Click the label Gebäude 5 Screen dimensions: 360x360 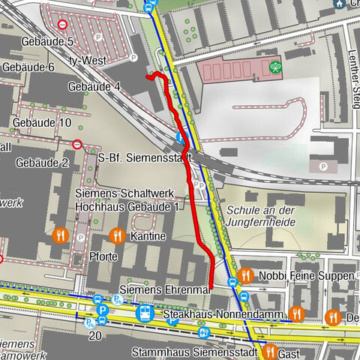[48, 42]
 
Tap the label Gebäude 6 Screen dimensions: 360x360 [29, 67]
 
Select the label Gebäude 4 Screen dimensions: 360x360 [94, 86]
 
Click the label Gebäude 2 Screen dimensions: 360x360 [42, 163]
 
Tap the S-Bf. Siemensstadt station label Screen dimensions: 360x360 [145, 158]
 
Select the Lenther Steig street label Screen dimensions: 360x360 [352, 75]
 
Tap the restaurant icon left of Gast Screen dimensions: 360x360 [268, 350]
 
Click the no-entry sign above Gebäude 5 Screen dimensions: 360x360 [62, 24]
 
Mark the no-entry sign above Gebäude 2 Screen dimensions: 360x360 [76, 144]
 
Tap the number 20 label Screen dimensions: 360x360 [94, 337]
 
